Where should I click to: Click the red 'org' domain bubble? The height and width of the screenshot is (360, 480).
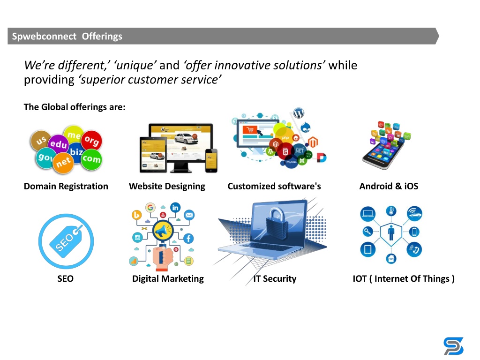[x=91, y=141]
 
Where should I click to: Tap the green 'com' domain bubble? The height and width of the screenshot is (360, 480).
[x=91, y=159]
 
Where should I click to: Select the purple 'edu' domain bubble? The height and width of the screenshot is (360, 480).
[x=58, y=144]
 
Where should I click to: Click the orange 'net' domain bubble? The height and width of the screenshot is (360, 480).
[x=63, y=163]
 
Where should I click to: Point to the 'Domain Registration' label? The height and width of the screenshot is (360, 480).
[x=66, y=186]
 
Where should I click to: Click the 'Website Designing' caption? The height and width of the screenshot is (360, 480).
[x=167, y=186]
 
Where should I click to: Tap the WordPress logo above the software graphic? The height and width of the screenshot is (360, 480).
[x=299, y=113]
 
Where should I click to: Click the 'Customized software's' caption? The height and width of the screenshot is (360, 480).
[x=274, y=186]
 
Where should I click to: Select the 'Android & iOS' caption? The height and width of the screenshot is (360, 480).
[x=389, y=186]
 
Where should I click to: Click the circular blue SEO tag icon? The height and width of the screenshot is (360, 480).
[x=66, y=241]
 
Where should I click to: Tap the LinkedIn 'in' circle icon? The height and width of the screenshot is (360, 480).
[x=175, y=208]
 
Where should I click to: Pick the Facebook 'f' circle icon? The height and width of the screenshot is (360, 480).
[x=188, y=238]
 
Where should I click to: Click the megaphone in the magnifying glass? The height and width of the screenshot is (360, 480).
[x=163, y=231]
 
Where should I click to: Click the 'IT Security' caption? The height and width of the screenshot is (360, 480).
[x=275, y=278]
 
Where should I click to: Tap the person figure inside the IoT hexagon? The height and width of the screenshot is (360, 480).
[x=391, y=233]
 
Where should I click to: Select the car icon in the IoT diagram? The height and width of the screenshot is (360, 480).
[x=414, y=213]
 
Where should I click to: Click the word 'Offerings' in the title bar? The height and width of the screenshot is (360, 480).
[x=102, y=37]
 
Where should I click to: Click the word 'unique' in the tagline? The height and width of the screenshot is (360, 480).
[x=135, y=65]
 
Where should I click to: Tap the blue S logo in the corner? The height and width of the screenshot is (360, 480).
[x=454, y=346]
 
